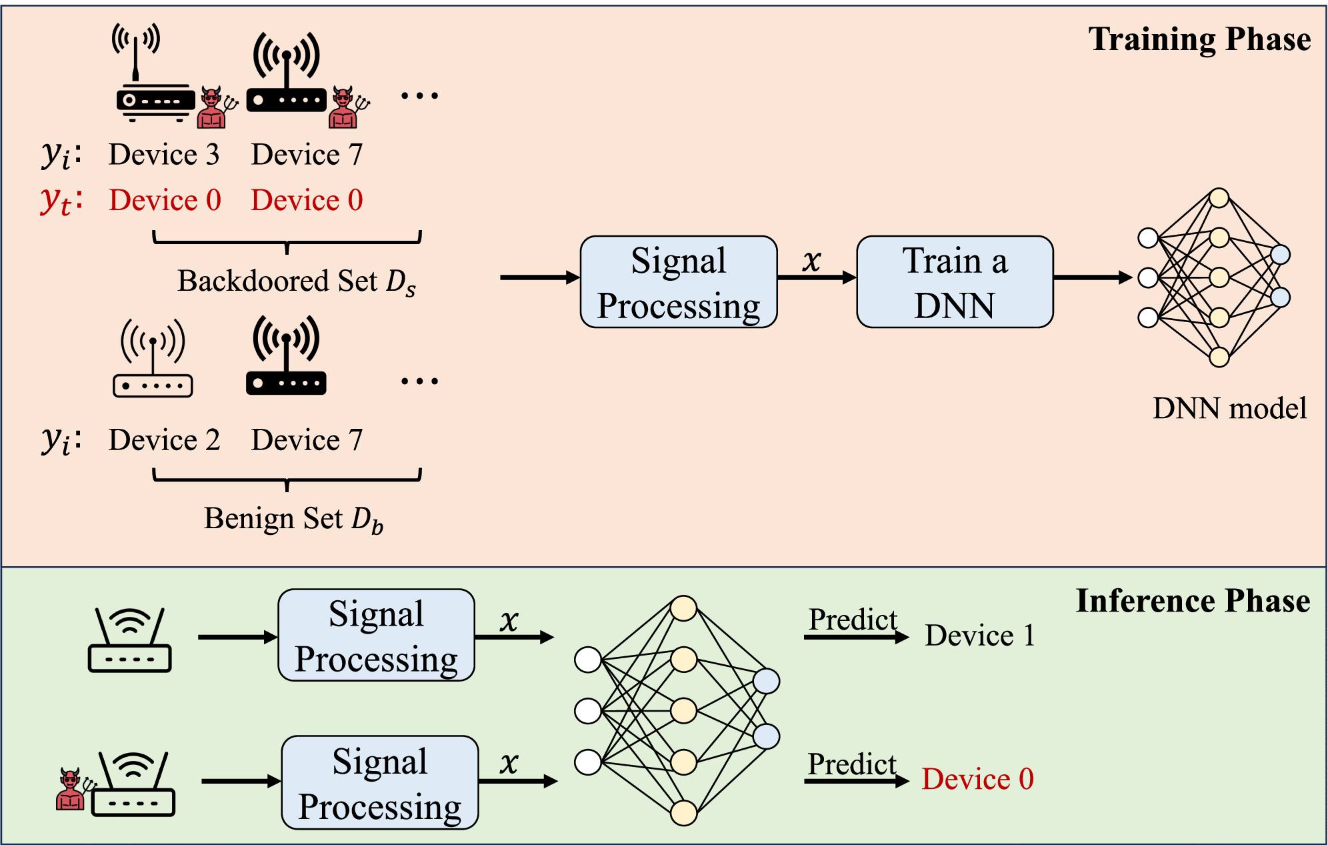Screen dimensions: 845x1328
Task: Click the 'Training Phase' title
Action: tap(1199, 39)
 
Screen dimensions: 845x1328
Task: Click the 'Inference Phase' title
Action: tap(1193, 601)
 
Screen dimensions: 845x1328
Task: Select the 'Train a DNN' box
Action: tap(955, 282)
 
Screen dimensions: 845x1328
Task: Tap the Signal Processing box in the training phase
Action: tap(679, 282)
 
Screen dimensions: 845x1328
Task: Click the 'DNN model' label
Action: tap(1229, 408)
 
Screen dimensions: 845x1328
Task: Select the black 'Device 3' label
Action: tap(164, 155)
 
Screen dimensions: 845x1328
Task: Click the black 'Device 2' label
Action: tap(164, 440)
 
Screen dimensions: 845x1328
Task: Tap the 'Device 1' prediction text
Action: tap(980, 636)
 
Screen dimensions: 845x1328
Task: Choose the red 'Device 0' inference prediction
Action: tap(977, 779)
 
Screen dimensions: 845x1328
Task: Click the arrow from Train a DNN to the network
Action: tap(1092, 277)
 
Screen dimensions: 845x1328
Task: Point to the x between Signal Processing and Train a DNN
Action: tap(811, 260)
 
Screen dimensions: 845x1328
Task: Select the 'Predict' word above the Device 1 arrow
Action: tap(853, 620)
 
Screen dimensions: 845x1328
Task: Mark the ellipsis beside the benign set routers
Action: tap(419, 381)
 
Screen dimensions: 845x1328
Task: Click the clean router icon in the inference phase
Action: tap(130, 640)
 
